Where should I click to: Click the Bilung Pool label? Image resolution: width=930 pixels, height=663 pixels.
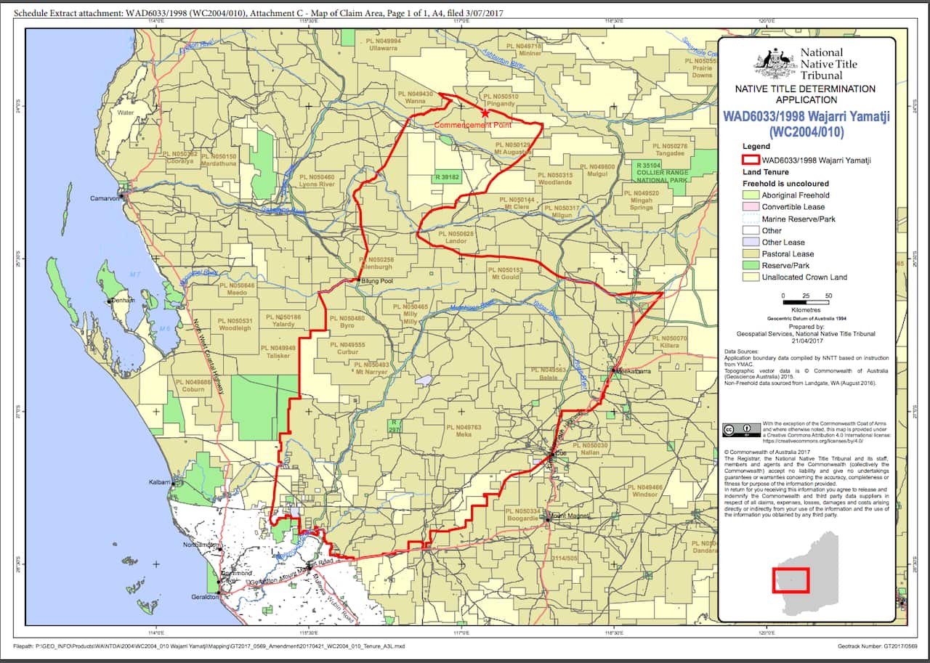click(x=377, y=280)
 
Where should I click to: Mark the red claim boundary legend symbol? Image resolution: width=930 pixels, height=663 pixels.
click(x=750, y=160)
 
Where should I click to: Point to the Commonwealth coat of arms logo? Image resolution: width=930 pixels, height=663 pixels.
click(x=775, y=62)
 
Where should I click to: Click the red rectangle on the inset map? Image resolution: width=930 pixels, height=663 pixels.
click(x=790, y=579)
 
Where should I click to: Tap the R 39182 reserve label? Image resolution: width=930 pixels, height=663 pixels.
click(x=448, y=177)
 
